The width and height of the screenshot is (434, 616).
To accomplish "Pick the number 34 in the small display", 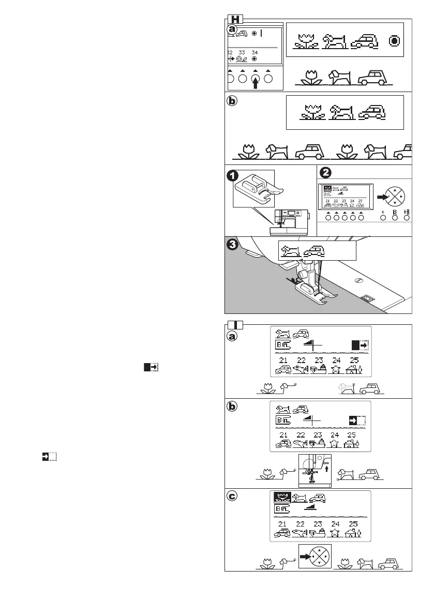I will click(255, 53).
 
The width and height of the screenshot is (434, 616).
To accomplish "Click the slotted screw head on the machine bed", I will click(357, 281).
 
